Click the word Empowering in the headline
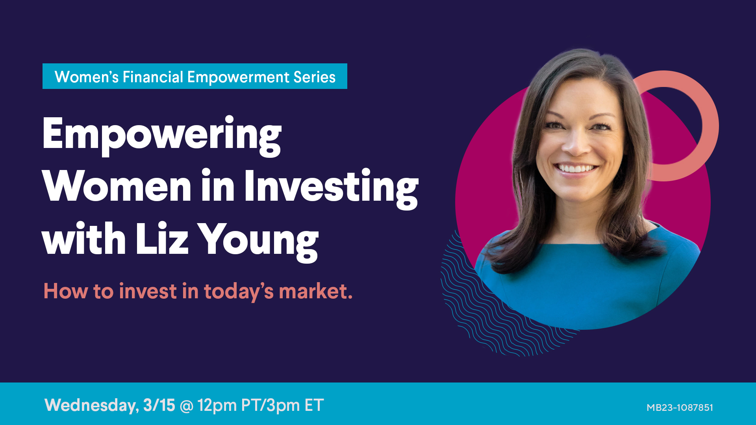[x=162, y=136]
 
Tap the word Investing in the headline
[x=331, y=188]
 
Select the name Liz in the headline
[x=162, y=238]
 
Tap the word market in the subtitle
[x=315, y=291]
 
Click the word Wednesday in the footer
[x=92, y=405]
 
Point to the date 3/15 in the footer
[x=159, y=405]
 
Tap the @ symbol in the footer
[x=186, y=406]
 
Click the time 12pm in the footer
[x=217, y=405]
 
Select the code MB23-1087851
[x=680, y=408]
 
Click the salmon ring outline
[x=711, y=126]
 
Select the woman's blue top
[x=587, y=283]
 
